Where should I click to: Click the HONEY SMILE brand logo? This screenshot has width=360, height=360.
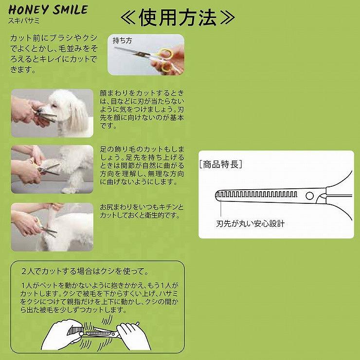[x=48, y=10]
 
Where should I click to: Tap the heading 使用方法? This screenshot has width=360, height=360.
[x=178, y=18]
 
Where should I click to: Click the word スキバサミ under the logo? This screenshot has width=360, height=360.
[x=24, y=20]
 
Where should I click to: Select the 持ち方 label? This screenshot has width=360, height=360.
[x=123, y=41]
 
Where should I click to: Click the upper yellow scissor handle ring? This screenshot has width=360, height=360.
[x=165, y=54]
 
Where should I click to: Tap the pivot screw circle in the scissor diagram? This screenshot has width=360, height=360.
[x=310, y=196]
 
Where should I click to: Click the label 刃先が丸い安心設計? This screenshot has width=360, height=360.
[x=250, y=224]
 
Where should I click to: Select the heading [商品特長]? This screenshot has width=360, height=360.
[x=220, y=164]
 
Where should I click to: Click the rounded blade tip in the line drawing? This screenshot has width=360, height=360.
[x=217, y=196]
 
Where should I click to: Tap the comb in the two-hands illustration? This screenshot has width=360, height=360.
[x=75, y=330]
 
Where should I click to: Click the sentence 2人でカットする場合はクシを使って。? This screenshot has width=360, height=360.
[x=85, y=271]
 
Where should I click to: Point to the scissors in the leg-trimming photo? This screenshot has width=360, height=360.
[x=48, y=169]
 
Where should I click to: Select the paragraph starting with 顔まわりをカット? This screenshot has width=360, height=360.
[x=142, y=109]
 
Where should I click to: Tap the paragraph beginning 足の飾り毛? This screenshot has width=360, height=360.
[x=142, y=165]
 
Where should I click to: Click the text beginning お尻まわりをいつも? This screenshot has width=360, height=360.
[x=142, y=211]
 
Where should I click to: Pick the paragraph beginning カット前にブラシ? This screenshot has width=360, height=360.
[x=54, y=54]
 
